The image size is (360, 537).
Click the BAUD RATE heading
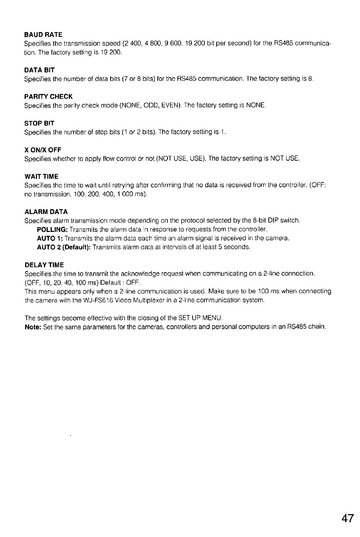43,35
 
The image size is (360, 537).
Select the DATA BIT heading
40,70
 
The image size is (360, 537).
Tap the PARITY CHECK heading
48,97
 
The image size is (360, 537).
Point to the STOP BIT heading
40,123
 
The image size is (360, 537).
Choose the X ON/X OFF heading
43,150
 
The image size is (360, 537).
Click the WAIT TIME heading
41,177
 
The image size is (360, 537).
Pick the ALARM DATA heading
46,212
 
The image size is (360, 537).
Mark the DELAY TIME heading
44,265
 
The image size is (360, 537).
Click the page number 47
347,518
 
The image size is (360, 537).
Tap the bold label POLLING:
52,229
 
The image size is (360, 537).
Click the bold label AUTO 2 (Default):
64,247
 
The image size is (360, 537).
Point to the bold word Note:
33,327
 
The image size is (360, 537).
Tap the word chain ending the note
317,327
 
